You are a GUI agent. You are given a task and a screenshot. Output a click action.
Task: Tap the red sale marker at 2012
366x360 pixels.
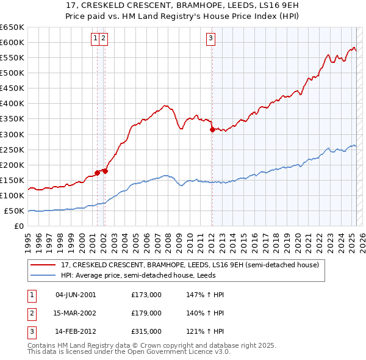point(212,129)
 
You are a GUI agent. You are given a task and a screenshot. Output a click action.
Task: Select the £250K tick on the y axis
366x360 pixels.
point(12,149)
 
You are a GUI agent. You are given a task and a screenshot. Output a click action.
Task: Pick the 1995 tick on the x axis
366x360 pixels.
point(28,237)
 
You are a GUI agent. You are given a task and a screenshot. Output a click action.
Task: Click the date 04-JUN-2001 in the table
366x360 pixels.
point(76,295)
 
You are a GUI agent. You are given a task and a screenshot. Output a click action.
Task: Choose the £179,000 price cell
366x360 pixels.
point(146,313)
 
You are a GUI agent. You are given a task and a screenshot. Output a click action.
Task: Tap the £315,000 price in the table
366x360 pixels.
point(146,331)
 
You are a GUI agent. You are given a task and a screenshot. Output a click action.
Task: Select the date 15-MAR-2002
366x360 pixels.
point(76,313)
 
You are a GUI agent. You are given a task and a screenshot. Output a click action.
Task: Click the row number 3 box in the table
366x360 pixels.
point(30,331)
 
